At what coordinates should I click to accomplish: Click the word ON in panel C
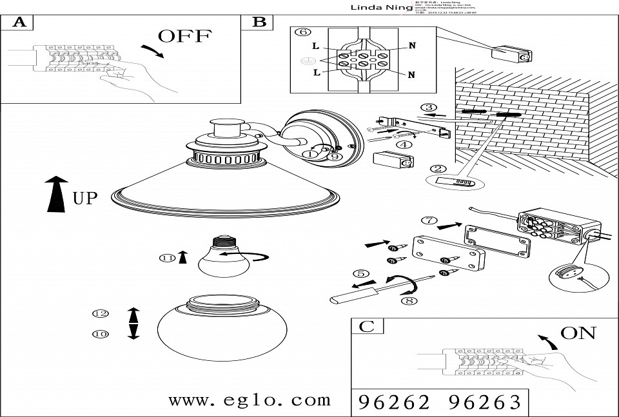[x=578, y=333]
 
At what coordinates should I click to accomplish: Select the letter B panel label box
[x=258, y=22]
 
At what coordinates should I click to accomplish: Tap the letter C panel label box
[x=366, y=326]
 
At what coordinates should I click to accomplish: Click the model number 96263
[x=484, y=403]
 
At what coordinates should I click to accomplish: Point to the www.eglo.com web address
[x=250, y=400]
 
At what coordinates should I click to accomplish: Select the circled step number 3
[x=428, y=108]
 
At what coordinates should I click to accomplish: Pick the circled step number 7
[x=428, y=220]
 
